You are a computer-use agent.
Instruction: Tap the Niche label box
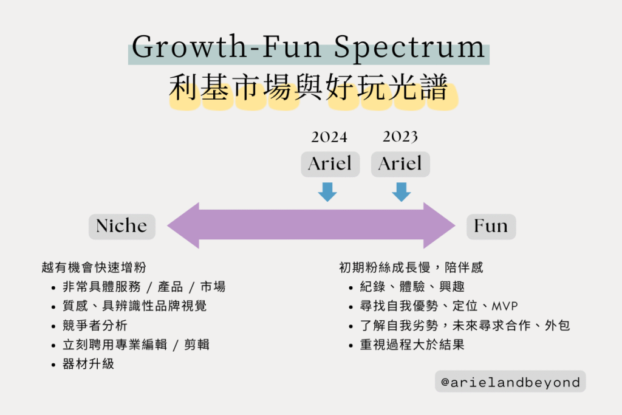(x=121, y=227)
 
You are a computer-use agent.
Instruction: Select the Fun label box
(x=491, y=227)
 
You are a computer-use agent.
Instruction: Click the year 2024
(x=329, y=137)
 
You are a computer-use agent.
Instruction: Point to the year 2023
(x=400, y=137)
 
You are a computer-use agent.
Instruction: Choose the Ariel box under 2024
(x=330, y=164)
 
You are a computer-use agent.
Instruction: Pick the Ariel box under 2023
(x=400, y=164)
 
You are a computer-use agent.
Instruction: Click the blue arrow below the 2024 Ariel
(x=327, y=192)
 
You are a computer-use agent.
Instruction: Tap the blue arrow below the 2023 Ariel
(x=402, y=192)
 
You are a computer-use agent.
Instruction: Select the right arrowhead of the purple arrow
(x=439, y=226)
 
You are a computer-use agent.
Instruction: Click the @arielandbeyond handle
(x=510, y=382)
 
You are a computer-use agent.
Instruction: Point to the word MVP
(x=505, y=306)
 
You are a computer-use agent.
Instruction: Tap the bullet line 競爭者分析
(x=95, y=325)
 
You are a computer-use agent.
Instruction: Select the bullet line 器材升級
(x=89, y=364)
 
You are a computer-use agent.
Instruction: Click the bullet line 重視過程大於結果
(x=412, y=345)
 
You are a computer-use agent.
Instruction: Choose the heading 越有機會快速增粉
(x=94, y=267)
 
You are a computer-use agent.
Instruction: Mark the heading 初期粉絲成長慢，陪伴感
(x=411, y=267)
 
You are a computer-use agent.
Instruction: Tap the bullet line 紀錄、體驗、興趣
(x=412, y=286)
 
